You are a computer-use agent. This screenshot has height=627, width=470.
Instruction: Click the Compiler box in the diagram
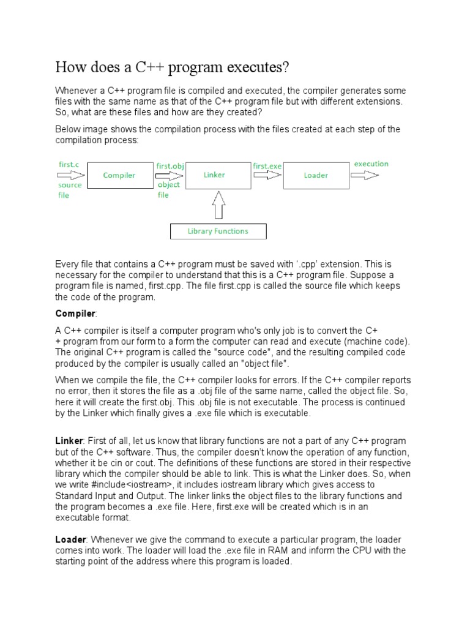[119, 176]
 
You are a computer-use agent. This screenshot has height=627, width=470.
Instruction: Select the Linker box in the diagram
[214, 175]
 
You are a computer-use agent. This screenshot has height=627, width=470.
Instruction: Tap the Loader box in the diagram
[316, 176]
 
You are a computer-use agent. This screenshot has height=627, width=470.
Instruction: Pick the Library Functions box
[218, 231]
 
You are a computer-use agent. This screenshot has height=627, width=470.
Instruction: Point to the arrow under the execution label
[366, 176]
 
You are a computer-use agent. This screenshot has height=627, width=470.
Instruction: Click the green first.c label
[69, 165]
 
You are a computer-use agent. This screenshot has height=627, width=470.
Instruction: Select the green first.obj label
[170, 165]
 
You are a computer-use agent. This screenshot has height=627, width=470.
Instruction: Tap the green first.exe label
[267, 165]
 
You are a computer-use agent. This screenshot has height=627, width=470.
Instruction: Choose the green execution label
[371, 163]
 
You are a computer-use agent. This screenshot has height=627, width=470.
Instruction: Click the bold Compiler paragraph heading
[75, 313]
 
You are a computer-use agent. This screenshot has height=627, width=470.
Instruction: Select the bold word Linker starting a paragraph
[68, 441]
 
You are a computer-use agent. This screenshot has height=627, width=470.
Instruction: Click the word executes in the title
[258, 66]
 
